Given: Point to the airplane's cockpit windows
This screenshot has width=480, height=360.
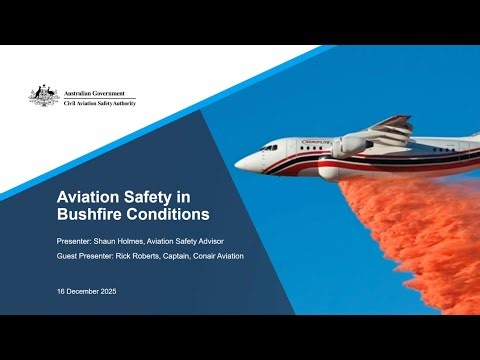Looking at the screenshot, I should pyautogui.click(x=269, y=148).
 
